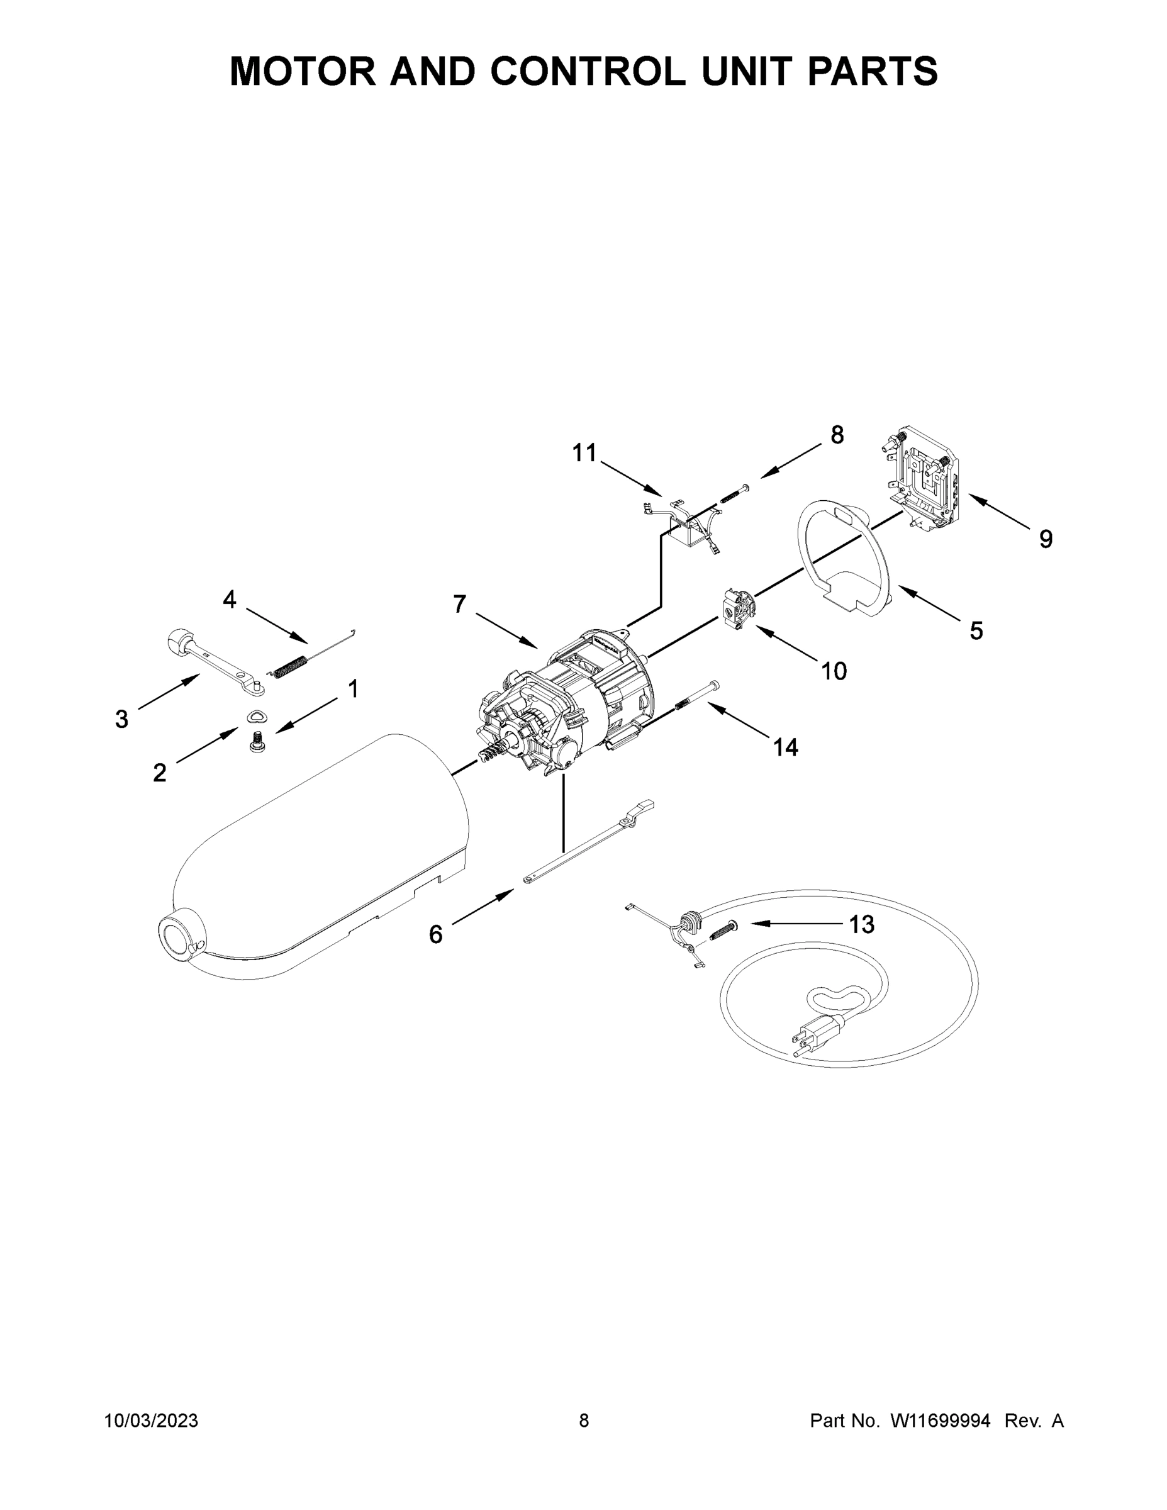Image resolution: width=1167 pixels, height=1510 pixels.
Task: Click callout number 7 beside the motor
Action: tap(460, 604)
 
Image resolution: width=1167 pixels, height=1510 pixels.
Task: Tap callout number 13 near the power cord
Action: tap(861, 924)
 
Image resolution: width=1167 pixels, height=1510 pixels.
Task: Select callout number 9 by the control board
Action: tap(1046, 539)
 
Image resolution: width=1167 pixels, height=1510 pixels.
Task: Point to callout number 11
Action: tap(584, 453)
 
